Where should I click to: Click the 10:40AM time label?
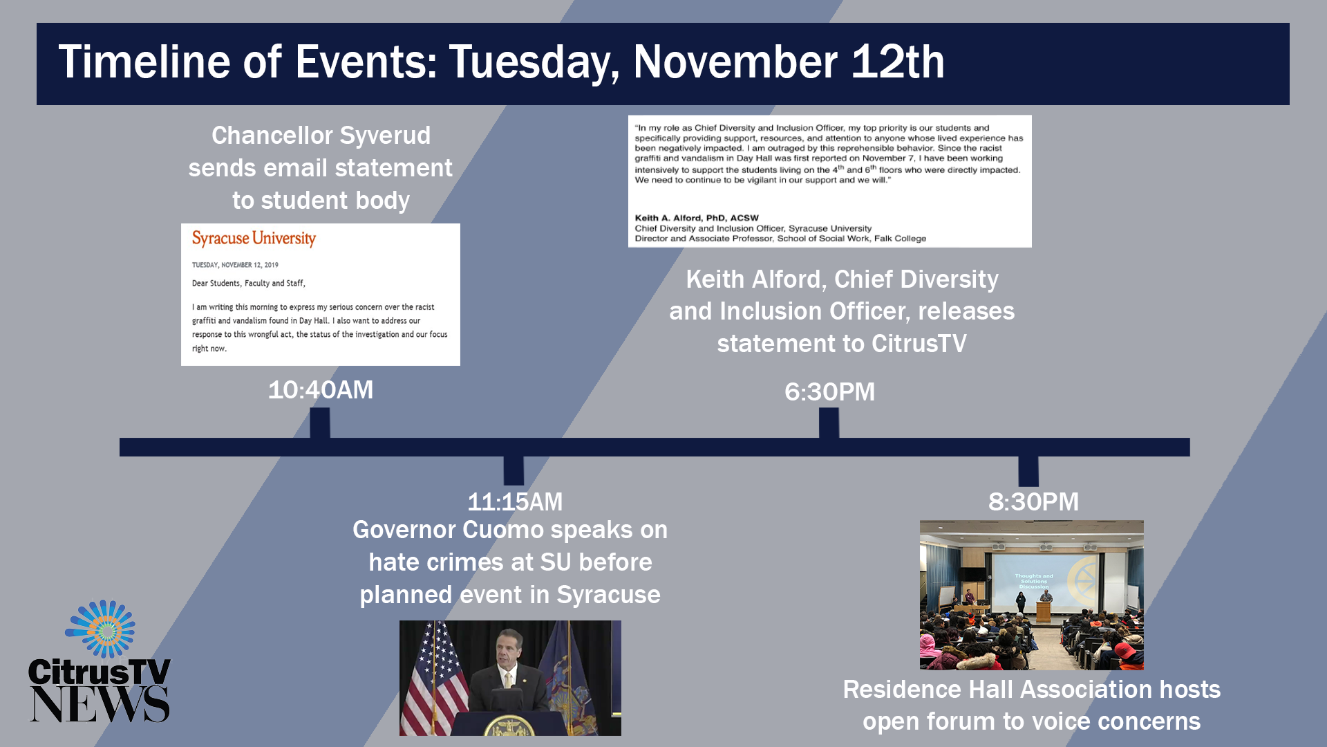(x=321, y=390)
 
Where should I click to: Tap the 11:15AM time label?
(x=515, y=501)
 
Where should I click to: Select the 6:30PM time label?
(x=829, y=392)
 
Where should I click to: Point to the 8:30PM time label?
(x=1033, y=501)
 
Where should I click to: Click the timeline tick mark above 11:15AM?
(x=514, y=470)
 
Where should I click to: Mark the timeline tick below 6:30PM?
(x=829, y=423)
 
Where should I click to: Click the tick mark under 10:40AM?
(x=320, y=423)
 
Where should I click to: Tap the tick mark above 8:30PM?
(x=1028, y=470)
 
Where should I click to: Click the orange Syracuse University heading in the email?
(x=254, y=239)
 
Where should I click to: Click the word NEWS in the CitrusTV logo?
(x=100, y=704)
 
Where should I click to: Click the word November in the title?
(x=735, y=62)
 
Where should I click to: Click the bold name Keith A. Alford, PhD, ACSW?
(x=697, y=218)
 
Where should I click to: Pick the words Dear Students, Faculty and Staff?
(x=249, y=284)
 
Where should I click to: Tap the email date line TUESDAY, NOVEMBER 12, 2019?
(x=235, y=265)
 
